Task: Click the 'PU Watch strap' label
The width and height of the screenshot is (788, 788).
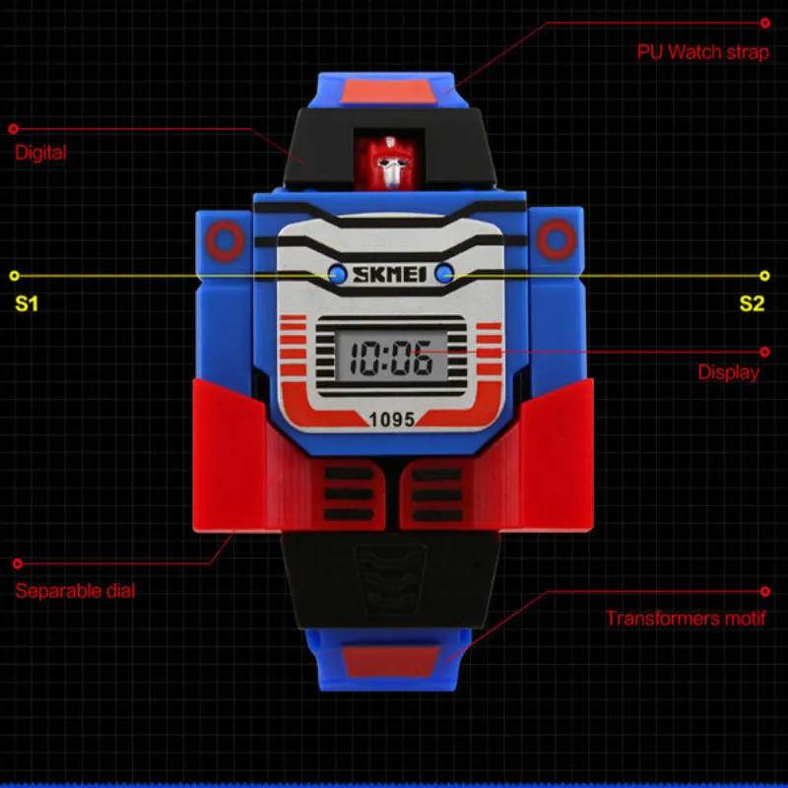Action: pyautogui.click(x=702, y=51)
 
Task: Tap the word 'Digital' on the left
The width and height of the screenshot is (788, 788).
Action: pyautogui.click(x=40, y=153)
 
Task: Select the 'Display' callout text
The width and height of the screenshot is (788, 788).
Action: pyautogui.click(x=729, y=372)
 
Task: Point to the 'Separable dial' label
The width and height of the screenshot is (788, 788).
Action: pyautogui.click(x=75, y=591)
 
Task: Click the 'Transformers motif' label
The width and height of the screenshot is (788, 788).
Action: pyautogui.click(x=686, y=619)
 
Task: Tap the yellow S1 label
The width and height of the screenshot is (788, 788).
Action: pyautogui.click(x=26, y=303)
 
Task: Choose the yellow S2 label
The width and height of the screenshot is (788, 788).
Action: pyautogui.click(x=752, y=303)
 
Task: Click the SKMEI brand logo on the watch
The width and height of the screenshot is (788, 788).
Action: pyautogui.click(x=389, y=275)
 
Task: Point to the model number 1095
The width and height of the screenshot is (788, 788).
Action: pyautogui.click(x=392, y=419)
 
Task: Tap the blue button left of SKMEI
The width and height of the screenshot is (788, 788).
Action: pyautogui.click(x=334, y=274)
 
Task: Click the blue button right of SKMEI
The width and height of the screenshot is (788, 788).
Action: pyautogui.click(x=444, y=275)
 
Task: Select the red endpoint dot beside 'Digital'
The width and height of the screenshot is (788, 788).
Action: pyautogui.click(x=14, y=129)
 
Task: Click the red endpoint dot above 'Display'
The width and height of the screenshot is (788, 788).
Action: pyautogui.click(x=764, y=350)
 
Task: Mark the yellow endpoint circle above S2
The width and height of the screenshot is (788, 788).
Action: pyautogui.click(x=764, y=276)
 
